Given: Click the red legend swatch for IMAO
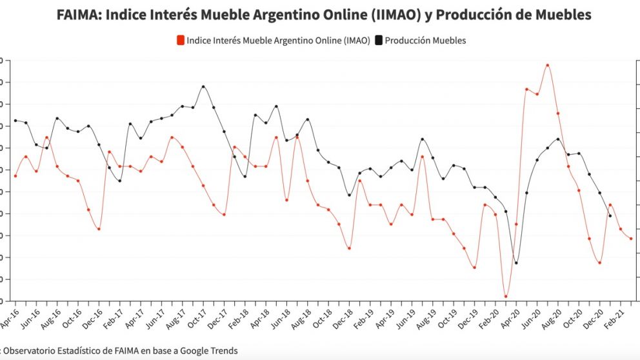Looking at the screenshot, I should click(x=181, y=41).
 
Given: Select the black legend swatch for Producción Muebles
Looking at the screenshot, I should click(x=379, y=41).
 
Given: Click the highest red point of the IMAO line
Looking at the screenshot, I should click(x=548, y=65).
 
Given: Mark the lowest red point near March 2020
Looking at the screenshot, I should click(x=506, y=297).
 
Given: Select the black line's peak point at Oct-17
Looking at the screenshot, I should click(x=203, y=86).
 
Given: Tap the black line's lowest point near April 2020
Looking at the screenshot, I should click(x=516, y=263).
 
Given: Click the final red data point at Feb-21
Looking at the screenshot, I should click(x=631, y=239).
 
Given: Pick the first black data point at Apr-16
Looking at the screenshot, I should click(x=15, y=121).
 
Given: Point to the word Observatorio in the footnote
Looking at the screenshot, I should click(x=31, y=351).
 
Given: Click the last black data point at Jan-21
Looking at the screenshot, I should click(x=610, y=215).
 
